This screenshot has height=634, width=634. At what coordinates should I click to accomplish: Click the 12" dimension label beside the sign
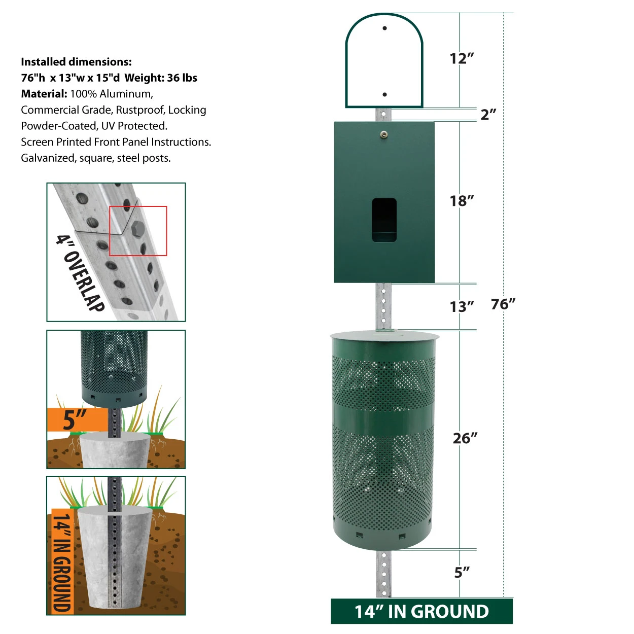pyautogui.click(x=462, y=58)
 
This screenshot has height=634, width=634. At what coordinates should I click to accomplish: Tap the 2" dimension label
pyautogui.click(x=488, y=115)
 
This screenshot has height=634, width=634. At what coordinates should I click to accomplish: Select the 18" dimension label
pyautogui.click(x=462, y=201)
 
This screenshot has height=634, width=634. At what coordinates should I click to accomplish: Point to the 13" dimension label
pyautogui.click(x=462, y=306)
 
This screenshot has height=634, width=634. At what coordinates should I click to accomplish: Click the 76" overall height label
pyautogui.click(x=503, y=304)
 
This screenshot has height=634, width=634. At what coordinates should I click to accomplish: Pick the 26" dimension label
pyautogui.click(x=465, y=438)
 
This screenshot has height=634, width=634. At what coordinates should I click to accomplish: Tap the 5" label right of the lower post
pyautogui.click(x=462, y=573)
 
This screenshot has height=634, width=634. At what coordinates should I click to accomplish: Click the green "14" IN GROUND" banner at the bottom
pyautogui.click(x=421, y=611)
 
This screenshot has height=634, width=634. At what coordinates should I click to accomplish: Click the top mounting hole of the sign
pyautogui.click(x=384, y=28)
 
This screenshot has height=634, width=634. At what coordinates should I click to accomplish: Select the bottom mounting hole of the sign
pyautogui.click(x=384, y=95)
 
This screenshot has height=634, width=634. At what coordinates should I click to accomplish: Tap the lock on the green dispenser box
pyautogui.click(x=383, y=134)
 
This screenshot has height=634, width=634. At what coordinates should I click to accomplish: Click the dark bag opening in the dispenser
pyautogui.click(x=384, y=220)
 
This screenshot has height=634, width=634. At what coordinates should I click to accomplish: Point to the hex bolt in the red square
pyautogui.click(x=137, y=229)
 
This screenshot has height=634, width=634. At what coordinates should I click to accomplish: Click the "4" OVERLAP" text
pyautogui.click(x=80, y=273)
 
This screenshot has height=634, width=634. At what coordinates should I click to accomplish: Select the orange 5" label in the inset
pyautogui.click(x=75, y=419)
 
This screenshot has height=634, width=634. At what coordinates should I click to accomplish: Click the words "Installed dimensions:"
pyautogui.click(x=76, y=62)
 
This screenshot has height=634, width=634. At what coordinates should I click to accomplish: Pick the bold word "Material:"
pyautogui.click(x=44, y=94)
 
